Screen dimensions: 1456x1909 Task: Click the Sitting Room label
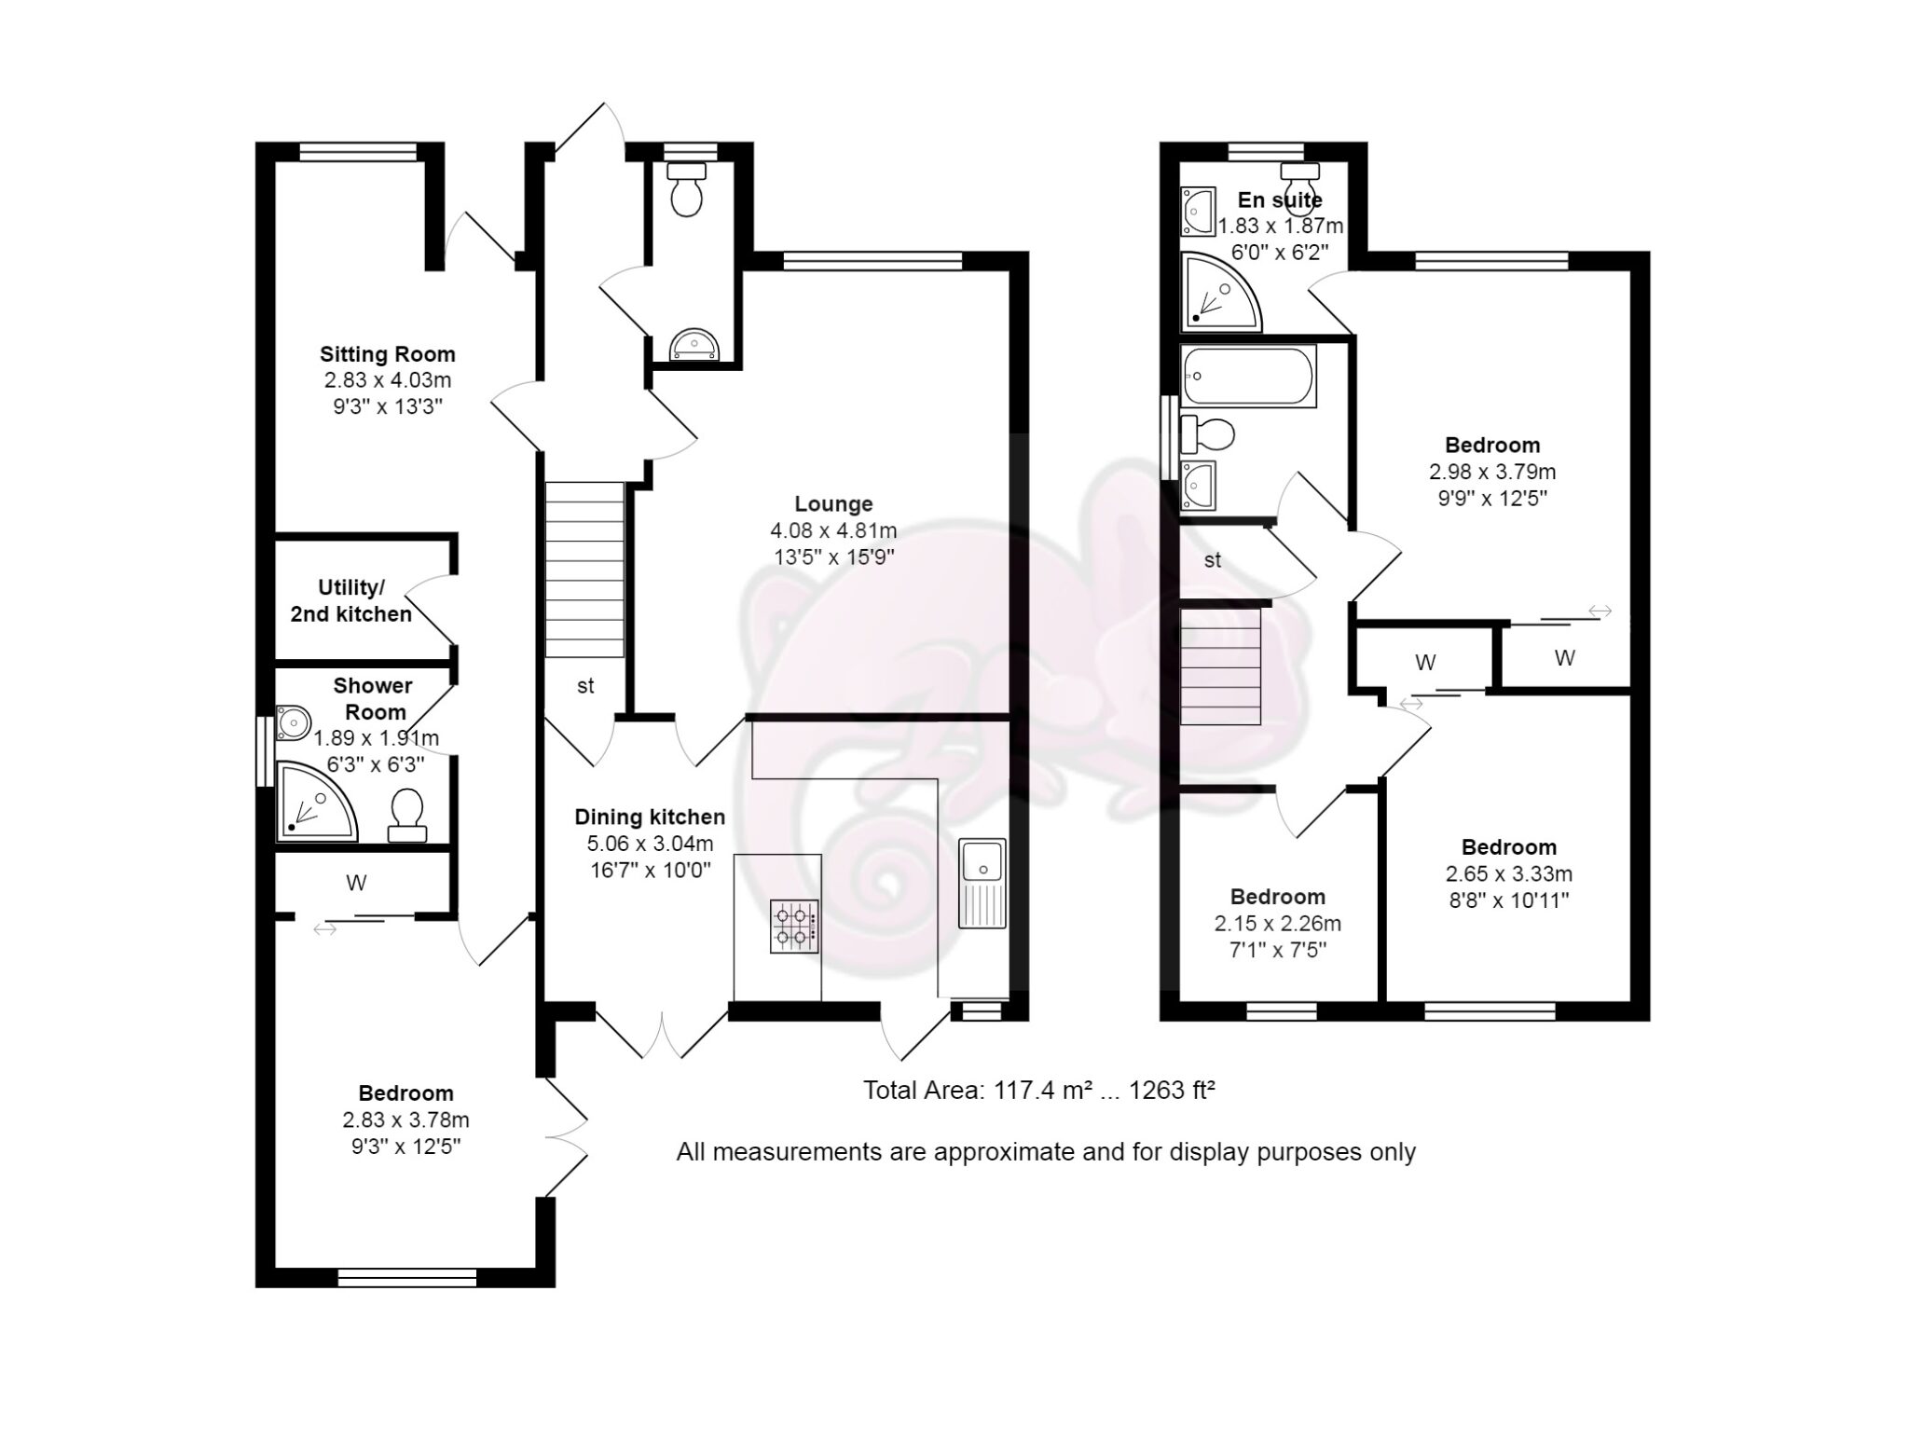pyautogui.click(x=387, y=354)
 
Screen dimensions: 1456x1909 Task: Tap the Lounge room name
pyautogui.click(x=833, y=504)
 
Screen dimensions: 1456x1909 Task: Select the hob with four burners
pyautogui.click(x=794, y=926)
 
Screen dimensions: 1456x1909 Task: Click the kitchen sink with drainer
pyautogui.click(x=982, y=882)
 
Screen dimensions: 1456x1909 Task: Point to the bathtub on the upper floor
pyautogui.click(x=1247, y=376)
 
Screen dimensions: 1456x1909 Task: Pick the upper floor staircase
pyautogui.click(x=1220, y=666)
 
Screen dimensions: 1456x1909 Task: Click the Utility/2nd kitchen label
pyautogui.click(x=350, y=601)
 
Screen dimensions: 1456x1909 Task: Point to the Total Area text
pyautogui.click(x=1038, y=1090)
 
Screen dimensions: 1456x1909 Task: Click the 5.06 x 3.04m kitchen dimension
pyautogui.click(x=649, y=845)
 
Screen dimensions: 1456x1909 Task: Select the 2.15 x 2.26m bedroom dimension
pyautogui.click(x=1277, y=924)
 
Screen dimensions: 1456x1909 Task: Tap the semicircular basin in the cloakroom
pyautogui.click(x=694, y=344)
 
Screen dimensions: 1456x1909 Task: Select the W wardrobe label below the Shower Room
pyautogui.click(x=356, y=883)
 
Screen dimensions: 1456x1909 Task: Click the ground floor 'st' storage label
pyautogui.click(x=585, y=687)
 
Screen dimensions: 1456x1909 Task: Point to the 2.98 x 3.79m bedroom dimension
pyautogui.click(x=1491, y=472)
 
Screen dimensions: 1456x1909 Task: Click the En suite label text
pyautogui.click(x=1279, y=199)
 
